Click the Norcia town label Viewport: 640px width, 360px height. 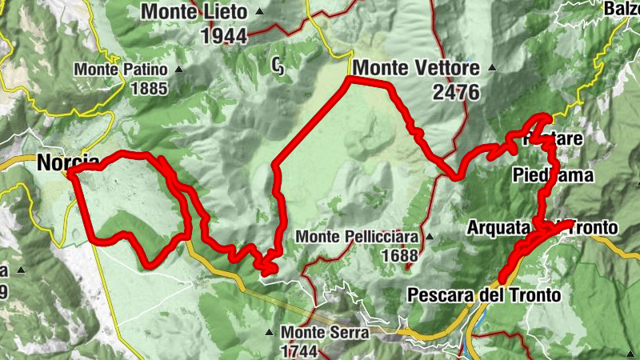coord(68,162)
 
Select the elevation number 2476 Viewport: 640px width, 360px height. coord(456,92)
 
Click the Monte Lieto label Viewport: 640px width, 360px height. coord(196,12)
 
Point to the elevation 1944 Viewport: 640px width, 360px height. coord(223,36)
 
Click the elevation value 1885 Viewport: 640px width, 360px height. coord(150,88)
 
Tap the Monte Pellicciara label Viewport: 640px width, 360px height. coord(358,237)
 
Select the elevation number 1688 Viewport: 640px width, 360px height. coord(400,256)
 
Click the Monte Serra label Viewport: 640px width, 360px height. coord(324,332)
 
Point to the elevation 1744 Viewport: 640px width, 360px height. coord(299,350)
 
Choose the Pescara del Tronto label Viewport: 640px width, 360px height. coord(484,295)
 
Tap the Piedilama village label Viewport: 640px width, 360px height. coord(553,174)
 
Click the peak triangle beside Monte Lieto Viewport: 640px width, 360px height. coord(259,13)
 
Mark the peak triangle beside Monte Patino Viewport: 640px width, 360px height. coord(179,70)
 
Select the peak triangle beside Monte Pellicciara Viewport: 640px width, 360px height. coord(430,237)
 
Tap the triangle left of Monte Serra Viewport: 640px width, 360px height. coord(270,332)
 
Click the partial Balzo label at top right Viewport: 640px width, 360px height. coord(623,8)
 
